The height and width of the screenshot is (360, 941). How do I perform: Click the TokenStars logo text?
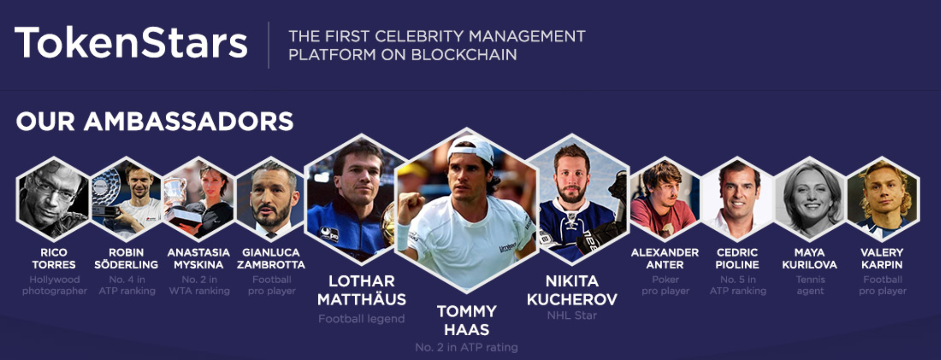tap(131, 43)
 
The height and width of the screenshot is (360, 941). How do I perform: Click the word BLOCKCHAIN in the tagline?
tap(464, 55)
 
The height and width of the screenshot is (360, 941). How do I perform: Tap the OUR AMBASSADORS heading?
tap(154, 121)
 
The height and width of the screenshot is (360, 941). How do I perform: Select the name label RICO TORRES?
tap(54, 259)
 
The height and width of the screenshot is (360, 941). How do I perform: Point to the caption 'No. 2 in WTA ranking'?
tap(199, 285)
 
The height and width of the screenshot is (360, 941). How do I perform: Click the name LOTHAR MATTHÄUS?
tap(361, 290)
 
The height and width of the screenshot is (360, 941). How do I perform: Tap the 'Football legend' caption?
tap(361, 319)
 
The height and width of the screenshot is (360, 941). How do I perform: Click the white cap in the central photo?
tap(470, 148)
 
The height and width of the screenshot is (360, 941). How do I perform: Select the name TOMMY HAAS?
tap(466, 320)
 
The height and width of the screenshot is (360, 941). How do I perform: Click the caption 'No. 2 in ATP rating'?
tap(466, 347)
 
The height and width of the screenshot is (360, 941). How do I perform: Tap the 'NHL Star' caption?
tap(572, 316)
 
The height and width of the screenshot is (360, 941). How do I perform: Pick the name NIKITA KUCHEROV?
tap(572, 290)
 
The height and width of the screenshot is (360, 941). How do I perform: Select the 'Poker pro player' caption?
tap(665, 285)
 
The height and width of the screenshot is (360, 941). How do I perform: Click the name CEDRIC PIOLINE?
tap(737, 259)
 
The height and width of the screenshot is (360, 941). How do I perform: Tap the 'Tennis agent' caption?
tap(810, 285)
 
